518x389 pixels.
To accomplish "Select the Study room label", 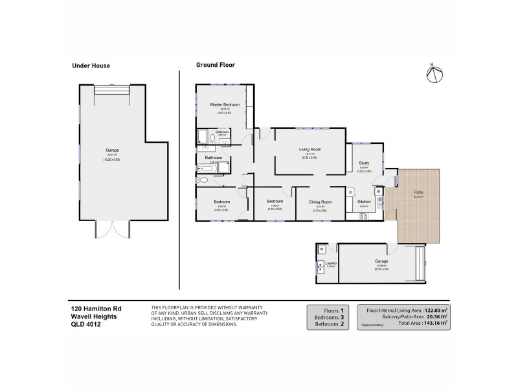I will point(365,163).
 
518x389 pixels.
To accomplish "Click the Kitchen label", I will point(365,202).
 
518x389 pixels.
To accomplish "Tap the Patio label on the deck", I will point(419,193).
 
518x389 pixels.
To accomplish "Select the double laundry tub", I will point(321,265).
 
